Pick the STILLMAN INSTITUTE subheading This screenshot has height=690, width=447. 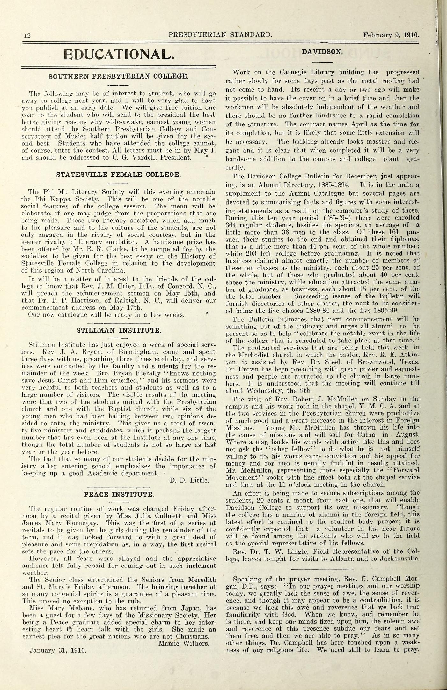pyautogui.click(x=118, y=330)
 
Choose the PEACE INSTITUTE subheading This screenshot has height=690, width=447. pyautogui.click(x=118, y=495)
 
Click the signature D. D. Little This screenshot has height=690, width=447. pyautogui.click(x=189, y=480)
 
